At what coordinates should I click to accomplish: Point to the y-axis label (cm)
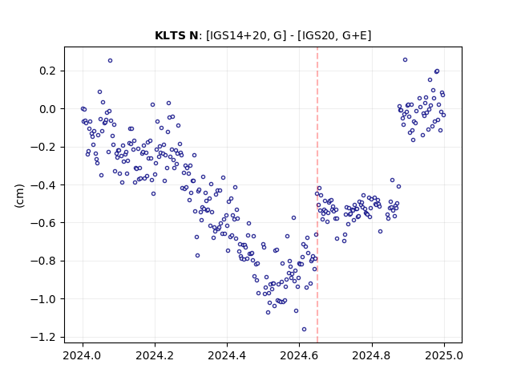point(19,196)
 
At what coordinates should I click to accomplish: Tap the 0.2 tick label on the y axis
point(47,71)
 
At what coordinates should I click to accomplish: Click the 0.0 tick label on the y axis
point(47,109)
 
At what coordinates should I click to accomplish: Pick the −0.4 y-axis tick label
point(42,185)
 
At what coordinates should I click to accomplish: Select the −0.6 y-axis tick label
point(42,223)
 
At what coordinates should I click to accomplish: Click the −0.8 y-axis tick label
point(42,261)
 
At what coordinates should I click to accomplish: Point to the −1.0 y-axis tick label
point(42,299)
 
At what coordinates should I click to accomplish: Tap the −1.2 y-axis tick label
point(42,337)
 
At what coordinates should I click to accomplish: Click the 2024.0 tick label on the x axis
point(83,355)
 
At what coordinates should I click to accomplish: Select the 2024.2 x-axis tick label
point(155,355)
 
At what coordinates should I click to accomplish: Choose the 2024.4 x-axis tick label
point(227,355)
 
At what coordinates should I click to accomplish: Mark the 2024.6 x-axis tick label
point(299,355)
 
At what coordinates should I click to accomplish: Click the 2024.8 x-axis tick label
point(372,355)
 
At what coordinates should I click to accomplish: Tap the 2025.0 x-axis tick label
point(444,355)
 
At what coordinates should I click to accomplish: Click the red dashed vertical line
point(317,195)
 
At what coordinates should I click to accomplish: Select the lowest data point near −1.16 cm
point(305,330)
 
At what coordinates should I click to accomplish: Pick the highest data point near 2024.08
point(111,61)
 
